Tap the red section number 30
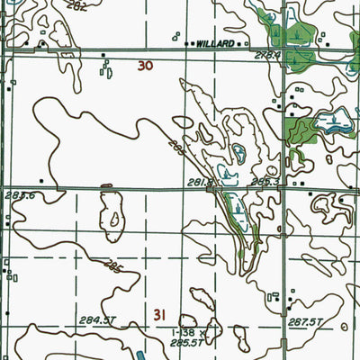146,66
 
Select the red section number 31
160,314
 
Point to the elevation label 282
76,6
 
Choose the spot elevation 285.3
262,182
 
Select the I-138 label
183,332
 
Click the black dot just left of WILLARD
187,43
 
